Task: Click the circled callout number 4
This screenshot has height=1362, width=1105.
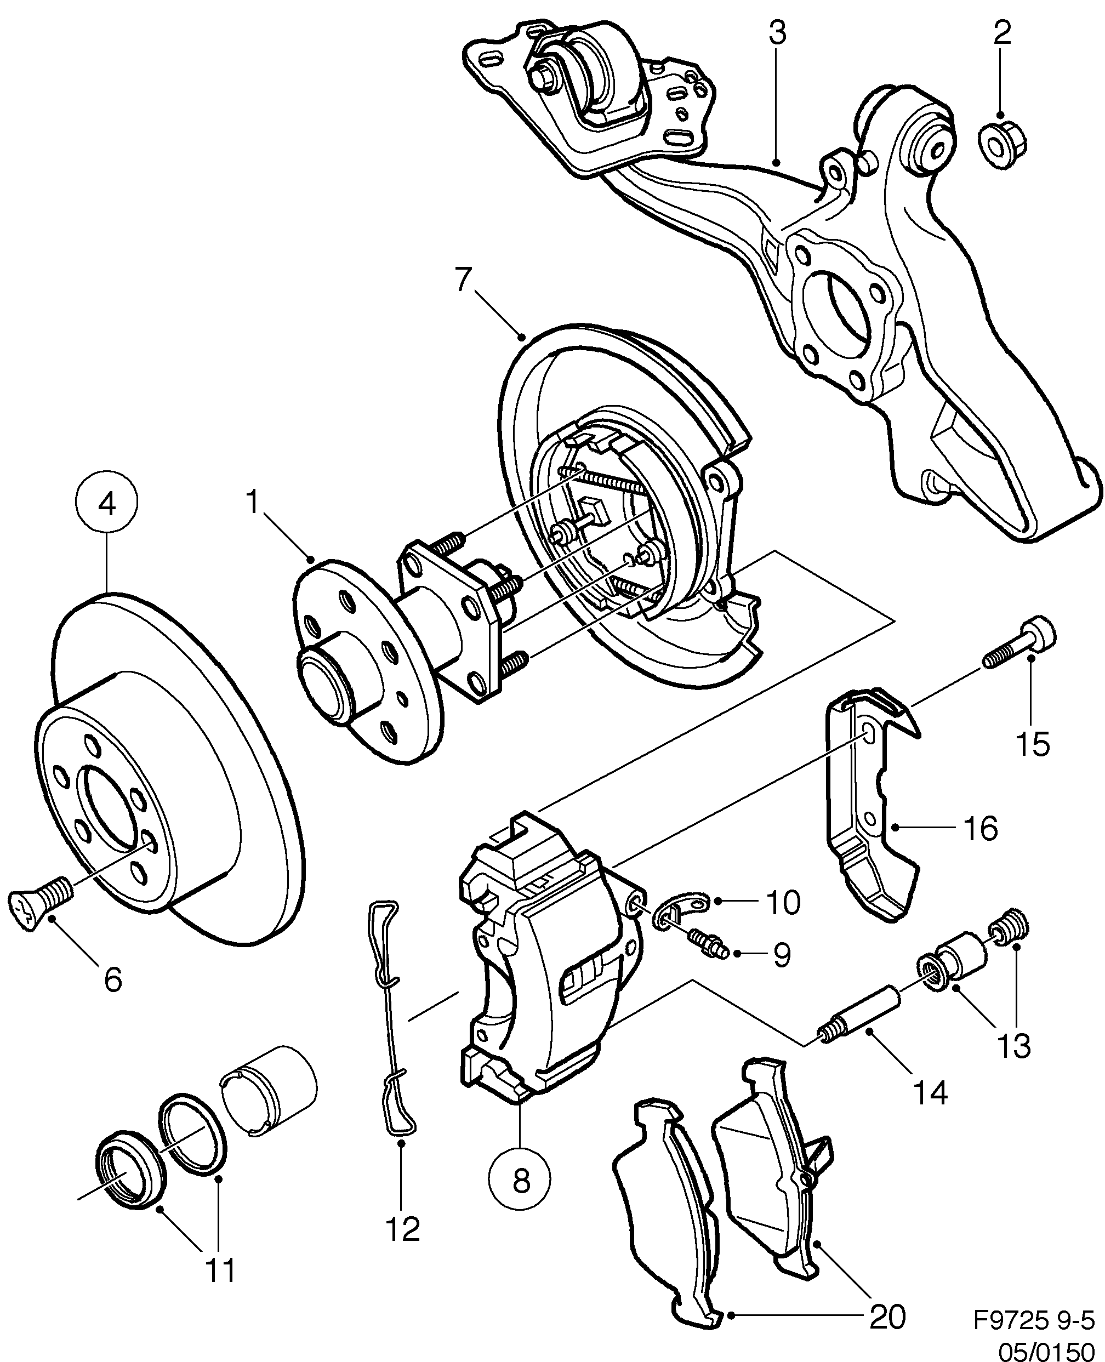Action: (107, 504)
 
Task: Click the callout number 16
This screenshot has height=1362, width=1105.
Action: (980, 829)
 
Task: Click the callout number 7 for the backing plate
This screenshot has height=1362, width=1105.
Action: (465, 280)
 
